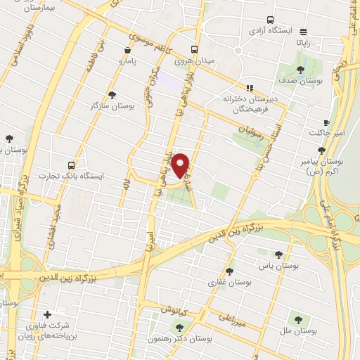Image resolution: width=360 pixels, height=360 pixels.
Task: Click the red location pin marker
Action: (x=181, y=165)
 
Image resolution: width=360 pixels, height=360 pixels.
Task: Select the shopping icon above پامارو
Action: (x=127, y=51)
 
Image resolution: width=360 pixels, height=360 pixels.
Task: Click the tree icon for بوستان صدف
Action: (x=301, y=70)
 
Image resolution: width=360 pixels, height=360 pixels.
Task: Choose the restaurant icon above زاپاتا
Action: (x=304, y=32)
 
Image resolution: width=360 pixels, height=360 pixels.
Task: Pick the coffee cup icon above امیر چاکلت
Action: (x=326, y=122)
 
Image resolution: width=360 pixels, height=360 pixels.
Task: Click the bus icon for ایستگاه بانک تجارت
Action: (x=71, y=163)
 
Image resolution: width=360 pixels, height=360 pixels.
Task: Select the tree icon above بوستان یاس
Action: (x=278, y=255)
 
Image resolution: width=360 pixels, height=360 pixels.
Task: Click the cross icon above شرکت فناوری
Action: (x=47, y=314)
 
